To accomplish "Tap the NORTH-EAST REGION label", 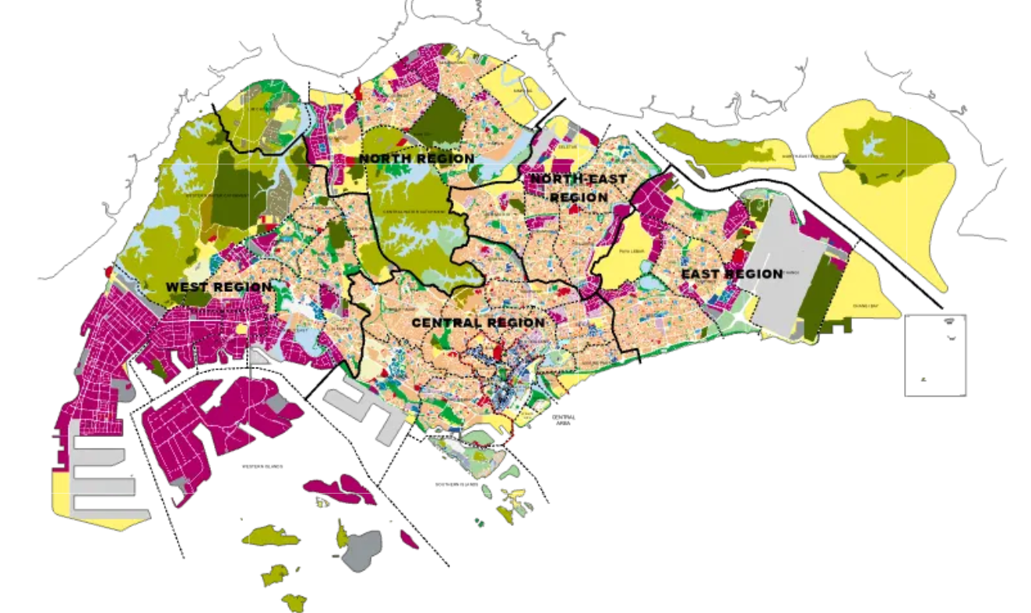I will coord(578,188).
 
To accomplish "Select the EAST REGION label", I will coord(731,274).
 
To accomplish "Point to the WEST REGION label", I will coord(219,287).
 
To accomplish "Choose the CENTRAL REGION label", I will coord(478,322).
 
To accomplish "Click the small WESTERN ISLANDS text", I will coord(262,467).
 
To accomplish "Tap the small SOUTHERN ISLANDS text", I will coord(442,484).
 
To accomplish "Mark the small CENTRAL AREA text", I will coord(563,421).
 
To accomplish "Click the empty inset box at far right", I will coord(934,354).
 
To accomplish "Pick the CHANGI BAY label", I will coord(862,306).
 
